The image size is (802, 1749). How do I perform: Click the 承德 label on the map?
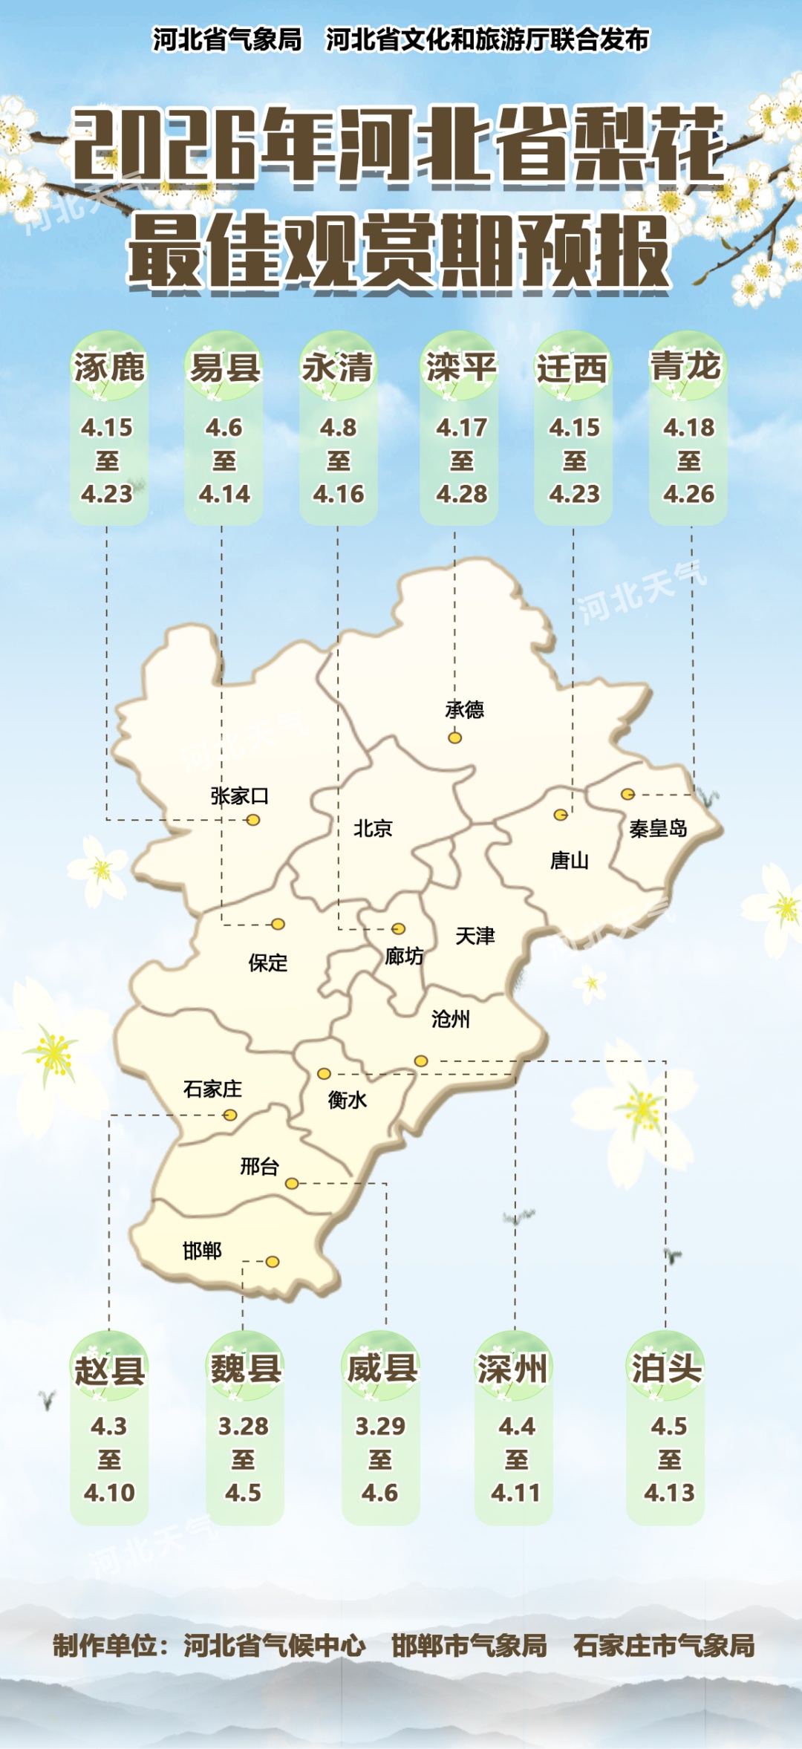coord(464,710)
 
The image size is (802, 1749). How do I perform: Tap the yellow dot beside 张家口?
coord(253,820)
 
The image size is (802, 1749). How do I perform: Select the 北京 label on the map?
coord(373,828)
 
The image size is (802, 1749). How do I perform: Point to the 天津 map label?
coord(475,936)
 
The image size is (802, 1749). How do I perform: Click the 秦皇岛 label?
coord(658,828)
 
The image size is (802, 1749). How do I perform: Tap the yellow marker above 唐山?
coord(561,815)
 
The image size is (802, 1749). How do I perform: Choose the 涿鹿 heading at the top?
coord(109,368)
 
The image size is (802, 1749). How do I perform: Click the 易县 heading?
coord(225,368)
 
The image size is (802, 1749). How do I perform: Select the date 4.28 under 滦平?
coord(462,494)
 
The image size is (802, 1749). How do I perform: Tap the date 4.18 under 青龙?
coord(689,428)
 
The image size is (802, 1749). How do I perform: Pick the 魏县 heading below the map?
coord(246,1368)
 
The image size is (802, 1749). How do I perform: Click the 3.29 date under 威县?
coord(380,1426)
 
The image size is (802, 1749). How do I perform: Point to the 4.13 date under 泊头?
coord(669,1493)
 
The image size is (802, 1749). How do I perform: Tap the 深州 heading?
coord(513,1368)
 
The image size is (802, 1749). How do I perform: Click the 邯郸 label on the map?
coord(202,1251)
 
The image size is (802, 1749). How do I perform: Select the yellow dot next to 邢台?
coord(292,1183)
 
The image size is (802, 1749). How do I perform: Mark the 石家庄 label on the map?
coord(212,1089)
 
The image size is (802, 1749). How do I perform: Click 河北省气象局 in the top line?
coord(227,39)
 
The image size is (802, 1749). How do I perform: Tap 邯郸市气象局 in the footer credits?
coord(469,1646)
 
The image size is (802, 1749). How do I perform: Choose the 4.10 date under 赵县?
coord(109,1493)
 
